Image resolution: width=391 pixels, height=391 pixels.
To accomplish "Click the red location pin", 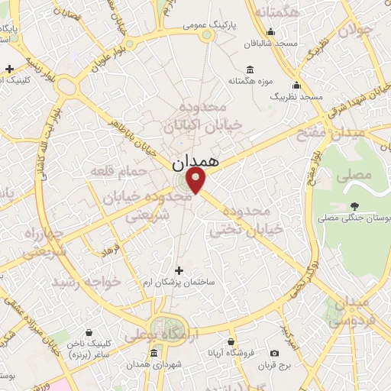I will (x=197, y=180).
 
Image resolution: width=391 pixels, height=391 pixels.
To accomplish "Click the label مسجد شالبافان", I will (x=276, y=44).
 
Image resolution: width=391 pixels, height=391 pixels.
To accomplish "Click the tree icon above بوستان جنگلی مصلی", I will (x=354, y=205).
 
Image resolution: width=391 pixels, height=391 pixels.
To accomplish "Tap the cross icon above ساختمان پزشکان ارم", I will (x=179, y=270).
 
